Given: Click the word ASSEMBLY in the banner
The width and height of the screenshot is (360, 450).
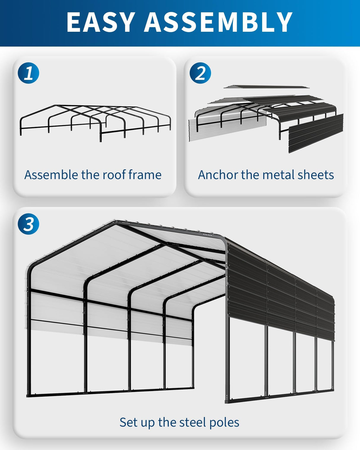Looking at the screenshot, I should tap(218, 22).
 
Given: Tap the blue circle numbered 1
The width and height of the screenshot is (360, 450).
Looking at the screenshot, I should tap(28, 73).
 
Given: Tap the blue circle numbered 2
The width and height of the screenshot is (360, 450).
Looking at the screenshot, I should tap(200, 73).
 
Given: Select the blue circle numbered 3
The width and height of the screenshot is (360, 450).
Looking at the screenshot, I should tap(28, 224).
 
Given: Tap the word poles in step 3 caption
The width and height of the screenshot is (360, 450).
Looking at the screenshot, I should tap(224, 423).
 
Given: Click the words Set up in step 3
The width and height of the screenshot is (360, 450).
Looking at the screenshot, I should tap(137, 423).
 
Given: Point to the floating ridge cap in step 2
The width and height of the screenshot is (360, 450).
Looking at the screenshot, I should tap(266, 87).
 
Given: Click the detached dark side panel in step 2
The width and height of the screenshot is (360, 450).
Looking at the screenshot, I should tap(316, 133).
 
